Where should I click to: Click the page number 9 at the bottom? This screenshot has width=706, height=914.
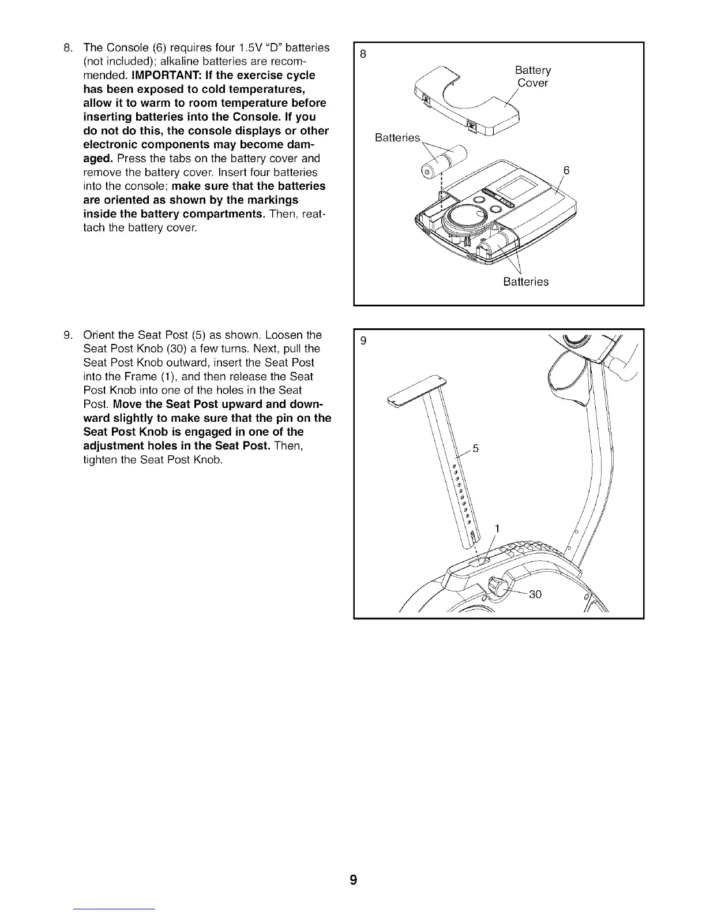click(x=353, y=880)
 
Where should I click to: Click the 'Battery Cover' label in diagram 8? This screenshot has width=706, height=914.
click(x=532, y=77)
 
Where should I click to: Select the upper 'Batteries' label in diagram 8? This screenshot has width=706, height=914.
click(x=397, y=138)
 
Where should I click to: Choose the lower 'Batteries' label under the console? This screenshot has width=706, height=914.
click(x=525, y=282)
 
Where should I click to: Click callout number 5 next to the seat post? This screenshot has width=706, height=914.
click(x=475, y=448)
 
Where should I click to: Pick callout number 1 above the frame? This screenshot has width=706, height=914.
click(x=497, y=529)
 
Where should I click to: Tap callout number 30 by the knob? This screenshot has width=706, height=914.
click(x=535, y=594)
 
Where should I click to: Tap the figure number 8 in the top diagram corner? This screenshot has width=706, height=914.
click(x=363, y=55)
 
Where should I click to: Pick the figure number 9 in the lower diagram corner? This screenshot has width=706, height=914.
click(x=363, y=341)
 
